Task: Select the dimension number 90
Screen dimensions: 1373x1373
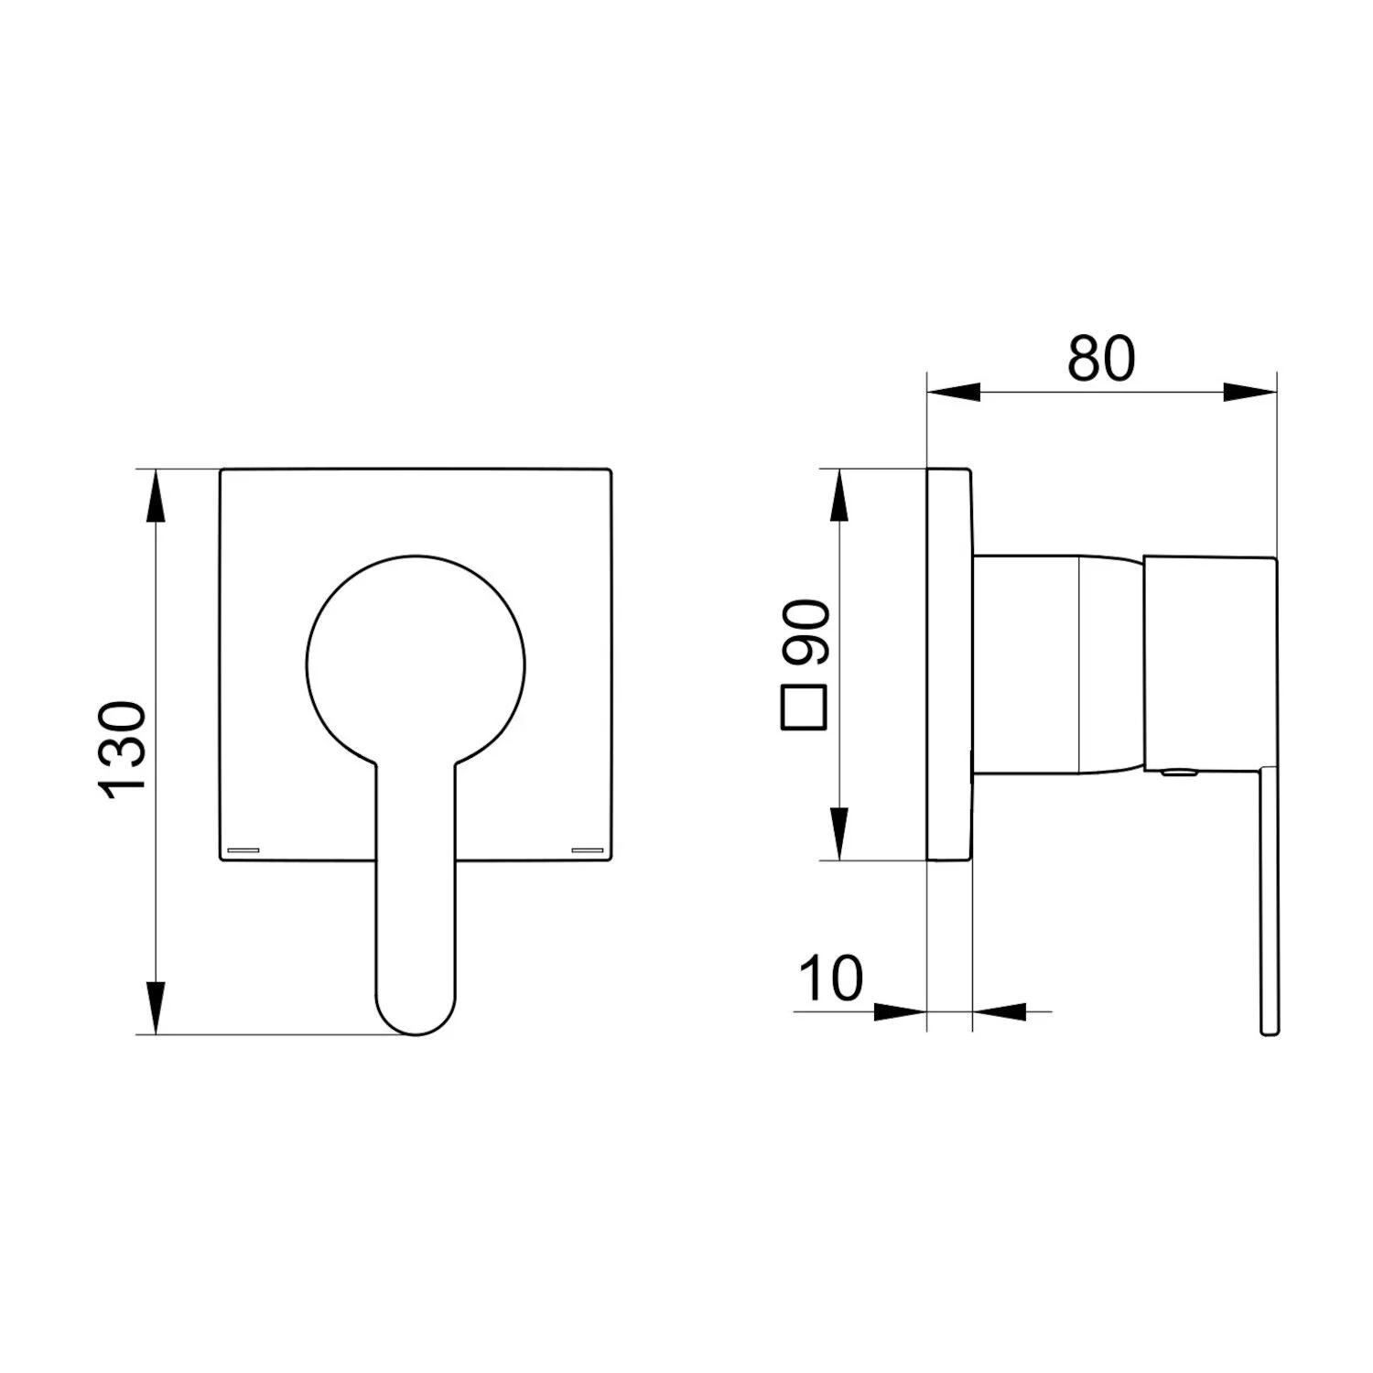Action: tap(805, 632)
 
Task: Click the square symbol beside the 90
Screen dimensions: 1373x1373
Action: tap(805, 708)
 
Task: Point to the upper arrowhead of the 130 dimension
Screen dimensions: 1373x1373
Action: tap(157, 497)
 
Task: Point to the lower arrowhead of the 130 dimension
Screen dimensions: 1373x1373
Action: tap(157, 1008)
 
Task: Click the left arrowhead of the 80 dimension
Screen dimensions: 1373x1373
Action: tap(954, 393)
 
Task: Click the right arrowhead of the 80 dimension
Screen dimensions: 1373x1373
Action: tap(1249, 393)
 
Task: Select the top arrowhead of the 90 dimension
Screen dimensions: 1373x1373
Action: tap(839, 496)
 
